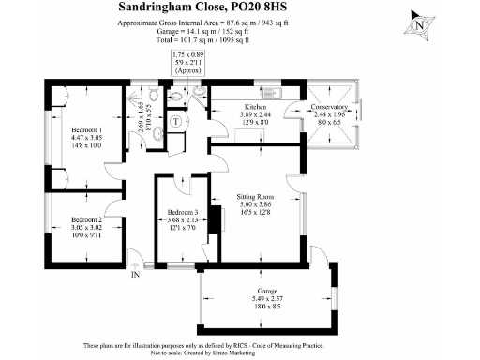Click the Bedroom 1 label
(x=86, y=129)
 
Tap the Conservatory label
(x=329, y=106)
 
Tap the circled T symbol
(x=176, y=121)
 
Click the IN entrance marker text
(x=135, y=275)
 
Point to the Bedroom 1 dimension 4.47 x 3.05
(x=86, y=138)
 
